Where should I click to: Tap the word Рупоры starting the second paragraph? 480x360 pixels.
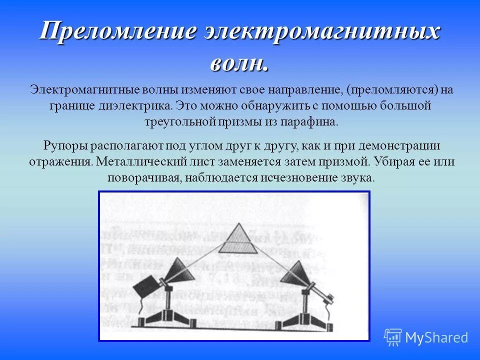65,146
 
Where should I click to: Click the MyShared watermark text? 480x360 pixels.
436,338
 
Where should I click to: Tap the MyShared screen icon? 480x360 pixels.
393,337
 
